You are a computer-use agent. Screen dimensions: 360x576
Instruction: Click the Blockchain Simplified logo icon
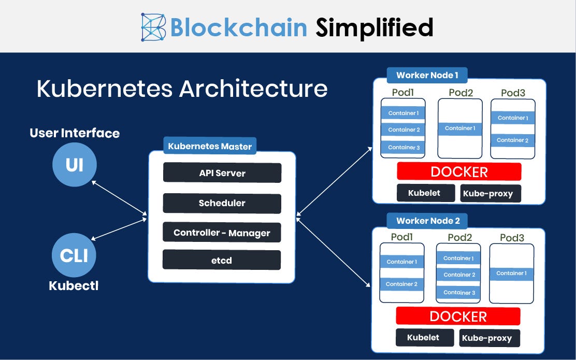tap(153, 27)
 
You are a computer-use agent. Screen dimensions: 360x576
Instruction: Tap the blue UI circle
tap(74, 165)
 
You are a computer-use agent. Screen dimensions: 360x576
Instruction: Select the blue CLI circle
tap(74, 255)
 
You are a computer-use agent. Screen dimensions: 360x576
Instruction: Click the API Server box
tap(222, 173)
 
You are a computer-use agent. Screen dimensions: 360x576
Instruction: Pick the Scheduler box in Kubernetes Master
tap(222, 203)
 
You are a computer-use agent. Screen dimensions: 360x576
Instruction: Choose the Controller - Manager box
tap(222, 233)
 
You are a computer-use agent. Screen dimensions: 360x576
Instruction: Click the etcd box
tap(222, 260)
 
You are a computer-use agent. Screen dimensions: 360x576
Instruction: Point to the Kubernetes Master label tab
tap(210, 146)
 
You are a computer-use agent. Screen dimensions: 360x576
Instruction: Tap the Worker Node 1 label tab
tap(427, 75)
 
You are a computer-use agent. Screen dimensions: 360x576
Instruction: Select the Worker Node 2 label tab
tap(427, 221)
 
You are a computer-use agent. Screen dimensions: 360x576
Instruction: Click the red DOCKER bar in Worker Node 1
tap(459, 171)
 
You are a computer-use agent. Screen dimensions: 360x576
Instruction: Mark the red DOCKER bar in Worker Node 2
tap(458, 316)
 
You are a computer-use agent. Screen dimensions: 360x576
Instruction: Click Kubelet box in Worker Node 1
tap(425, 193)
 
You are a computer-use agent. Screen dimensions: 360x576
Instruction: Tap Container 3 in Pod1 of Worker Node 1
tap(403, 147)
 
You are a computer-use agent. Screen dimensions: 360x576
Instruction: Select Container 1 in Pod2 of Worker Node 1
tap(460, 128)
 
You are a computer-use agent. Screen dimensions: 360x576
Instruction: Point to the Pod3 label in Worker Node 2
tap(512, 238)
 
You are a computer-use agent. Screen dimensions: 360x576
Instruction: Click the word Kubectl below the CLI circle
tap(74, 285)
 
